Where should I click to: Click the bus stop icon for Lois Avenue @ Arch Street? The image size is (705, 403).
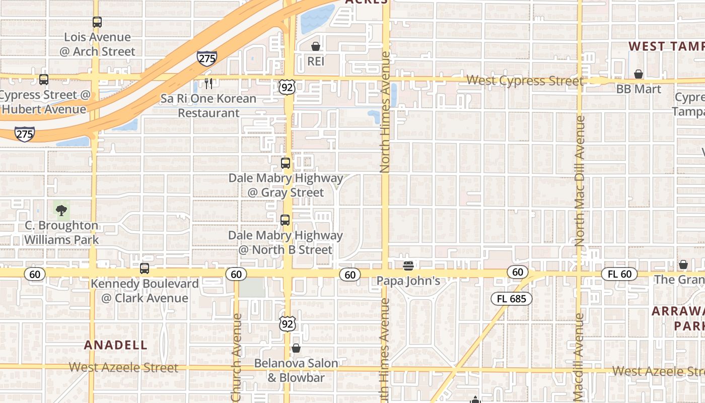click(97, 22)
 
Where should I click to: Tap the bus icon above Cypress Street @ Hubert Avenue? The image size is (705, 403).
click(44, 80)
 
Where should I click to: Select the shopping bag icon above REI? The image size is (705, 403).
click(316, 47)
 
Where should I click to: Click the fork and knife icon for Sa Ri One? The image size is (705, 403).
click(208, 84)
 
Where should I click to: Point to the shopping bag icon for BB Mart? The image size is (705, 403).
click(639, 75)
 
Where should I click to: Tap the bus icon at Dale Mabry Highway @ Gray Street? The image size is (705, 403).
click(286, 163)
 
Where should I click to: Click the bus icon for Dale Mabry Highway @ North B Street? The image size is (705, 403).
click(285, 220)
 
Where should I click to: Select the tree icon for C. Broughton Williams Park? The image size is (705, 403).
click(61, 210)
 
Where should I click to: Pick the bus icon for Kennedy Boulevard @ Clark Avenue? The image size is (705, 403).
click(145, 268)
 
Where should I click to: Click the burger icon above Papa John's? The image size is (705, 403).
click(408, 265)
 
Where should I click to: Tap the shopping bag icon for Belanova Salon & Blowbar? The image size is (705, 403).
click(296, 348)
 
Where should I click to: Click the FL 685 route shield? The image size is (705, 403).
click(511, 299)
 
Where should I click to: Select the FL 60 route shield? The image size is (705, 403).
click(619, 275)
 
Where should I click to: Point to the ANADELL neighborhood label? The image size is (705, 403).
click(116, 345)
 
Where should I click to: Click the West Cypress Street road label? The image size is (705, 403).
click(525, 81)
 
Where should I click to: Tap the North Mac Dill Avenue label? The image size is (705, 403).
click(580, 181)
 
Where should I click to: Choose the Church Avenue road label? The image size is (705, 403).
click(237, 355)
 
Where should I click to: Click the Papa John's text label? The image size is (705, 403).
click(408, 281)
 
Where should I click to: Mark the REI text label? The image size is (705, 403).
click(316, 61)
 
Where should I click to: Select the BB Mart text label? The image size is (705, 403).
click(639, 89)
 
